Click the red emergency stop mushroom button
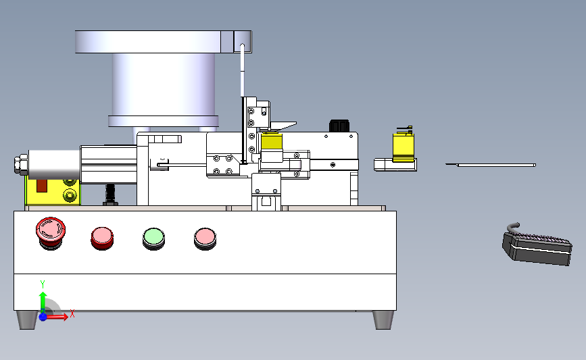tap(51, 233)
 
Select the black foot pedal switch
tap(537, 245)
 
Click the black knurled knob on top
tap(339, 126)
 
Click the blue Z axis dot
tap(43, 317)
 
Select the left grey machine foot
tap(27, 320)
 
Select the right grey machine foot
tap(383, 320)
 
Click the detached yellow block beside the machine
tap(404, 147)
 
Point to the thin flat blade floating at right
tap(491, 165)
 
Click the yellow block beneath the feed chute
tap(272, 142)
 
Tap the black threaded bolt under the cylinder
tap(110, 195)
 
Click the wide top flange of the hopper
tap(164, 42)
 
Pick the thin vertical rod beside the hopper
tap(242, 71)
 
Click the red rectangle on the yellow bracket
tap(41, 186)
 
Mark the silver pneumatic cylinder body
tap(54, 165)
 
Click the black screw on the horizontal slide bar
tap(333, 165)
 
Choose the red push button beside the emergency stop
tap(103, 238)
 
